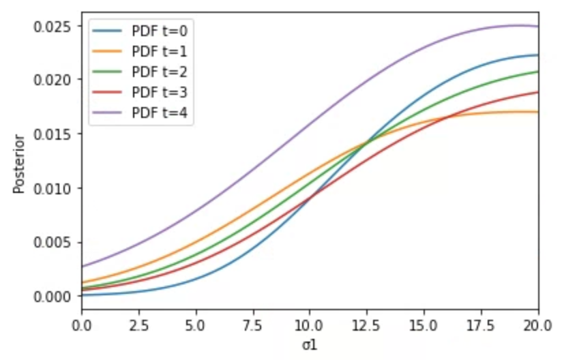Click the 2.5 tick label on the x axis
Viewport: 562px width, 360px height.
pos(138,323)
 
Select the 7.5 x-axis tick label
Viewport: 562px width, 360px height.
pos(252,323)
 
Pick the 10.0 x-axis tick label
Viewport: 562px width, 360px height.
pos(310,323)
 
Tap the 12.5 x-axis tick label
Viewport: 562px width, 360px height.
pos(367,323)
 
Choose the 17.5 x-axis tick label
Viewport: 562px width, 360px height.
pos(482,323)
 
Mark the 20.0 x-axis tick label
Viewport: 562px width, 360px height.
pos(537,323)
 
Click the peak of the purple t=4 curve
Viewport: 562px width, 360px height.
pos(517,26)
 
